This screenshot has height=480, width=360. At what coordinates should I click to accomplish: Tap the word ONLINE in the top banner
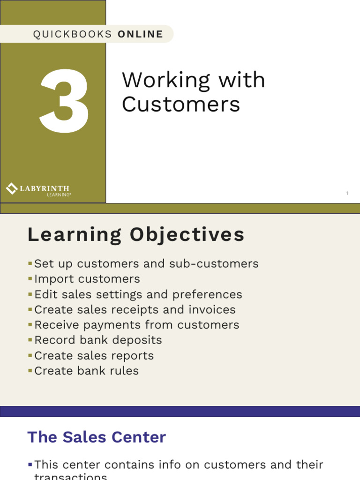pyautogui.click(x=140, y=34)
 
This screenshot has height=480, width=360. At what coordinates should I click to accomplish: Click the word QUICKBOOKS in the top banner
pyautogui.click(x=73, y=34)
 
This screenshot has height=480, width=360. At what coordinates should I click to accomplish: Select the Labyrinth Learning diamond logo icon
pyautogui.click(x=11, y=189)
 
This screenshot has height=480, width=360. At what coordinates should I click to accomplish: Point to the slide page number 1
pyautogui.click(x=347, y=193)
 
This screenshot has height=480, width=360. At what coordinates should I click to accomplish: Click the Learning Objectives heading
pyautogui.click(x=136, y=235)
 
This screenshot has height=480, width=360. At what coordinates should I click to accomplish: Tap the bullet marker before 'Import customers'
pyautogui.click(x=30, y=279)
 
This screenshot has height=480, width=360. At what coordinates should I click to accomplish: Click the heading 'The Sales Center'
pyautogui.click(x=97, y=437)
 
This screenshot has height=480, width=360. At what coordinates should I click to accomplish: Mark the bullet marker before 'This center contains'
pyautogui.click(x=30, y=465)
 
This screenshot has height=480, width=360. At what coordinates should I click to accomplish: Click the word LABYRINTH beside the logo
pyautogui.click(x=45, y=188)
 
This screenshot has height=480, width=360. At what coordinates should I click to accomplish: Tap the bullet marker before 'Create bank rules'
pyautogui.click(x=30, y=371)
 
